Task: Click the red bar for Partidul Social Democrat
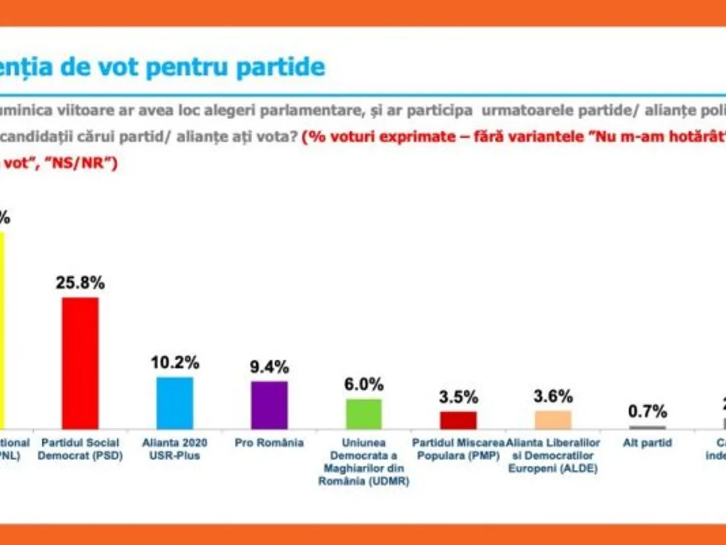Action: pos(80,363)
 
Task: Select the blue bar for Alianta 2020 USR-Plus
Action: pos(175,403)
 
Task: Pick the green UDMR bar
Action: pos(364,414)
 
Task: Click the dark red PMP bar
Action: pos(458,420)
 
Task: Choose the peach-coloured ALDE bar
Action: pos(553,420)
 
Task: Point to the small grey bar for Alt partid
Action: pos(647,427)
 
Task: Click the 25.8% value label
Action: pos(80,283)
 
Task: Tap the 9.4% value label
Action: pos(269,366)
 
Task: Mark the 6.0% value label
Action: pos(364,384)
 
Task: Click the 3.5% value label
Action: pos(458,397)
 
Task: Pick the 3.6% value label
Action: pos(553,397)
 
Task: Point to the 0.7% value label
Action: pos(647,412)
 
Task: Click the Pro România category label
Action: pos(269,443)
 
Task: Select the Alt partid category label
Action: pos(647,443)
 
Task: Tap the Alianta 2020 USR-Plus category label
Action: pos(175,449)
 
